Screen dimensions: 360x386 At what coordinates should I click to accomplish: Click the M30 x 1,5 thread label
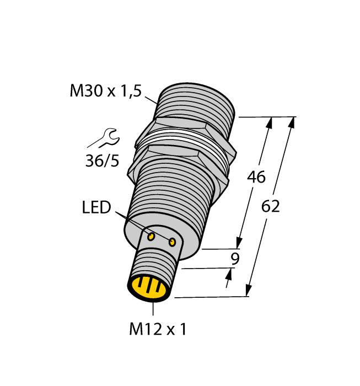point(106,91)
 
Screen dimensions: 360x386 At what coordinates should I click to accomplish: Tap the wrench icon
point(104,138)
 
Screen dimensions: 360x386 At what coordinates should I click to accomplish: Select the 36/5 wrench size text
point(102,161)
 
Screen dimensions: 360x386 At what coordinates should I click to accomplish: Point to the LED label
point(96,207)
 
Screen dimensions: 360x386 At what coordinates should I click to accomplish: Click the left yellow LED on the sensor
point(151,237)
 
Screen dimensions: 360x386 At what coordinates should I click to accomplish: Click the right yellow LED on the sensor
point(172,243)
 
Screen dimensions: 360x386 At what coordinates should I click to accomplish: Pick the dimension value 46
point(256,177)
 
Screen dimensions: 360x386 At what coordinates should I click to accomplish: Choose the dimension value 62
point(270,206)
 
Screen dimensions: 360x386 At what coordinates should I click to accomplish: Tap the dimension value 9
point(235,259)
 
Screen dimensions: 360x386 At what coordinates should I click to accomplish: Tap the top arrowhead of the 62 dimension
point(292,122)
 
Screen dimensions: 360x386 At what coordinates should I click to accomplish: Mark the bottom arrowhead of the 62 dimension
point(249,290)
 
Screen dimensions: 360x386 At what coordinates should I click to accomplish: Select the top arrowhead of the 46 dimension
point(270,123)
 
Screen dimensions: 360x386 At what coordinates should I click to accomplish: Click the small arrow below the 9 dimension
point(229,278)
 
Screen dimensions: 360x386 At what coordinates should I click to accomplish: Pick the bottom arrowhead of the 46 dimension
point(239,243)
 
